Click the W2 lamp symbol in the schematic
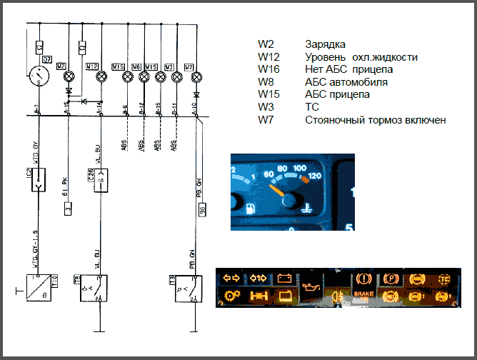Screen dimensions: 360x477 pos(69,76)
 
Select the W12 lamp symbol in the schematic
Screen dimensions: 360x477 pos(101,76)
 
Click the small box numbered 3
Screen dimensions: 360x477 pos(68,209)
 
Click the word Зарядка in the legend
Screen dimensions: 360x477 pos(325,44)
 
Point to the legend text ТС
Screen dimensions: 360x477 pos(311,107)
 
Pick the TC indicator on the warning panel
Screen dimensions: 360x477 pos(443,278)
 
